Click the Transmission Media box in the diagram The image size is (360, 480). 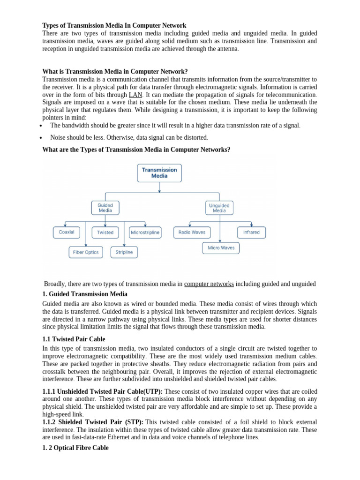(159, 172)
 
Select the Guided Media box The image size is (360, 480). (105, 208)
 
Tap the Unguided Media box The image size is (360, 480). (219, 208)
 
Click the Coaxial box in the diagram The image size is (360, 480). (67, 232)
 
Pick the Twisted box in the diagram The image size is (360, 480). (105, 232)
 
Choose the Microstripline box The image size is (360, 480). (145, 232)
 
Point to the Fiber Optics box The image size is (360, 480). (85, 252)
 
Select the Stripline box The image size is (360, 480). (124, 252)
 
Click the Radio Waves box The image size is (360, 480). (192, 232)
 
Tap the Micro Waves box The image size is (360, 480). (221, 247)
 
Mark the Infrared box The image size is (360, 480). (251, 232)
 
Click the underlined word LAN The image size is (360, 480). (135, 95)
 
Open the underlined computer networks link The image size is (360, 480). (209, 284)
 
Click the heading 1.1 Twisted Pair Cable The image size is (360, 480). (74, 339)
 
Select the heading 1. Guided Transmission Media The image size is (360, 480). (85, 294)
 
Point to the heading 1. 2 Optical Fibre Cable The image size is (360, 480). (75, 448)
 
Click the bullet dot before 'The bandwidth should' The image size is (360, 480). (42, 126)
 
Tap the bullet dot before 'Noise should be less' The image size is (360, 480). (42, 138)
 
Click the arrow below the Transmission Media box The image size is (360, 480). (160, 187)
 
